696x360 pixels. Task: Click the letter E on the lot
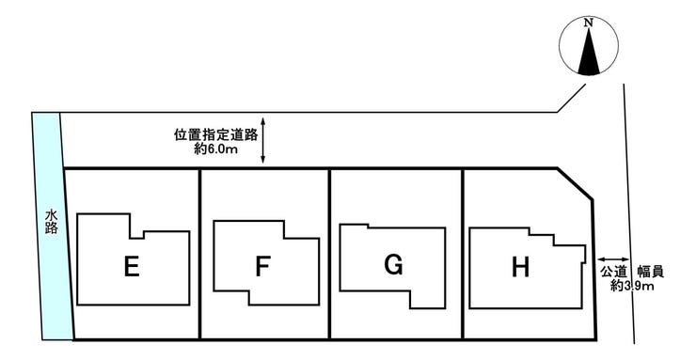pos(132,268)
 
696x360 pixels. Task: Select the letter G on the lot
pos(394,266)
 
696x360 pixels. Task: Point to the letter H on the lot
pos(519,268)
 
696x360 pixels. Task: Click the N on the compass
pos(588,22)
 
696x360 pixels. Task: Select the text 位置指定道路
pos(216,134)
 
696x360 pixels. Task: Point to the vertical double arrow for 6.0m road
pos(264,142)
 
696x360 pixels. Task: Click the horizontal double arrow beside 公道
pos(613,258)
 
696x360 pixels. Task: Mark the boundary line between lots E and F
pos(200,254)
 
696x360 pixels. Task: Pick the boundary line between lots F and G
pos(329,254)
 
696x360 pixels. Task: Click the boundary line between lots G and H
pos(463,254)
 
